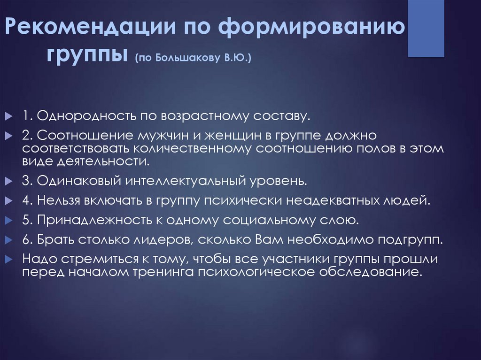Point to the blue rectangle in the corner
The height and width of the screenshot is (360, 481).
pos(426,28)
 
